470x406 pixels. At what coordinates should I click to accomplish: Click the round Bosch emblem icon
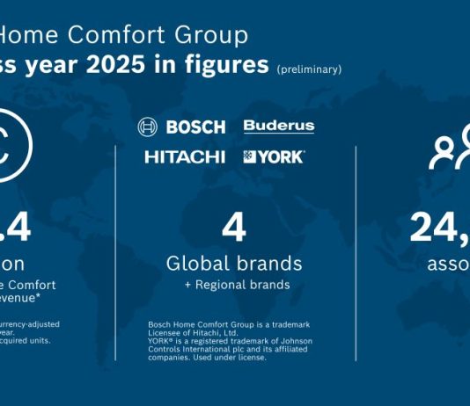[x=148, y=127]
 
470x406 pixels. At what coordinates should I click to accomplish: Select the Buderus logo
[x=278, y=127]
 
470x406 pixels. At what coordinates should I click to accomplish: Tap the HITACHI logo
[x=186, y=157]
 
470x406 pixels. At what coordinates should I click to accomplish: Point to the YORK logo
[x=281, y=157]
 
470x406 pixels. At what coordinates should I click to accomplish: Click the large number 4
[x=232, y=228]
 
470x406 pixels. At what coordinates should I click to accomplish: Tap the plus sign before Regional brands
[x=187, y=285]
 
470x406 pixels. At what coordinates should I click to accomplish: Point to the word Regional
[x=217, y=285]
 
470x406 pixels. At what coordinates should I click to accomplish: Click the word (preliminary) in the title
[x=309, y=69]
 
